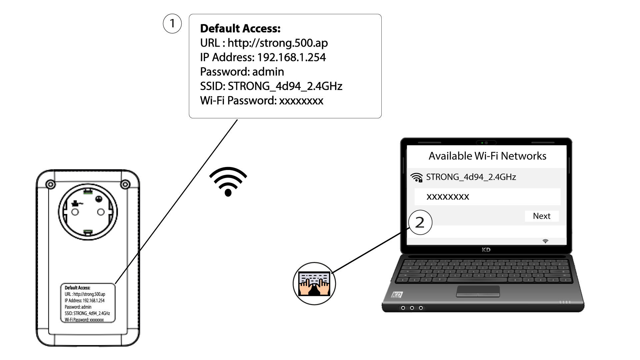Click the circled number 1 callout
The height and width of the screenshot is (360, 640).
click(172, 24)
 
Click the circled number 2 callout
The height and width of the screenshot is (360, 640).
click(420, 222)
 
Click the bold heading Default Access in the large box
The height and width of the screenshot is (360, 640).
click(240, 29)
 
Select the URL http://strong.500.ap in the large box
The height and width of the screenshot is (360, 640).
click(278, 43)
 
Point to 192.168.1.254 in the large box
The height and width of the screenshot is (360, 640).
click(291, 57)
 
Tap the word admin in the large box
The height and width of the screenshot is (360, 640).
click(268, 72)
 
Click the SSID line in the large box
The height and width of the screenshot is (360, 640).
click(271, 86)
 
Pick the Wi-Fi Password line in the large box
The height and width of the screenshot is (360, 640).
click(262, 101)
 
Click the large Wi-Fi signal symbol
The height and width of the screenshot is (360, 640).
click(228, 182)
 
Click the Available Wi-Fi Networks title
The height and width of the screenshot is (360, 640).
click(487, 156)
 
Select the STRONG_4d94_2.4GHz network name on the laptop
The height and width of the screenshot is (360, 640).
click(471, 177)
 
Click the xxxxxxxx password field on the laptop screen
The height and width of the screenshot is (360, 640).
click(487, 197)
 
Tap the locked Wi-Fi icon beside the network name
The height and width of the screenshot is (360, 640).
click(417, 177)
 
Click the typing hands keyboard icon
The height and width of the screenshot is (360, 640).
click(314, 284)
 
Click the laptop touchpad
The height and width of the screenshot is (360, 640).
click(478, 291)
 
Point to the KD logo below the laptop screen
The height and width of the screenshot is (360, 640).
click(486, 250)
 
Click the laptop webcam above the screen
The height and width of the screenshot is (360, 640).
click(486, 143)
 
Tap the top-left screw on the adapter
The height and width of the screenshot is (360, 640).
click(50, 184)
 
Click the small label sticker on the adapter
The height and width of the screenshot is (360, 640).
click(88, 303)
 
